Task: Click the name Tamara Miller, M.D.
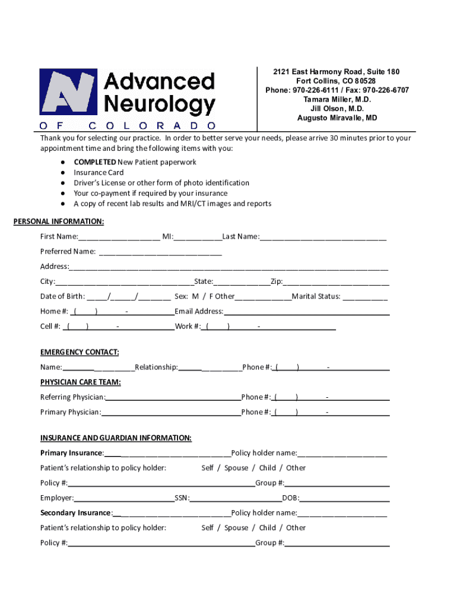point(337,100)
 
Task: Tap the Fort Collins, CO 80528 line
point(336,81)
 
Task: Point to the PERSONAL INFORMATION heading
point(59,222)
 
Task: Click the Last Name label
point(240,237)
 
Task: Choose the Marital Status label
point(316,296)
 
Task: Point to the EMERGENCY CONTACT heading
point(80,353)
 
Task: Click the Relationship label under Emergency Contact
point(156,368)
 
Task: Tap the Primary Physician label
point(70,412)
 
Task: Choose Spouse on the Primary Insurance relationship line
point(236,468)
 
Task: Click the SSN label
point(182,498)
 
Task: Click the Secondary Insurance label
point(75,513)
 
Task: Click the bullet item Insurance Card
point(99,173)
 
